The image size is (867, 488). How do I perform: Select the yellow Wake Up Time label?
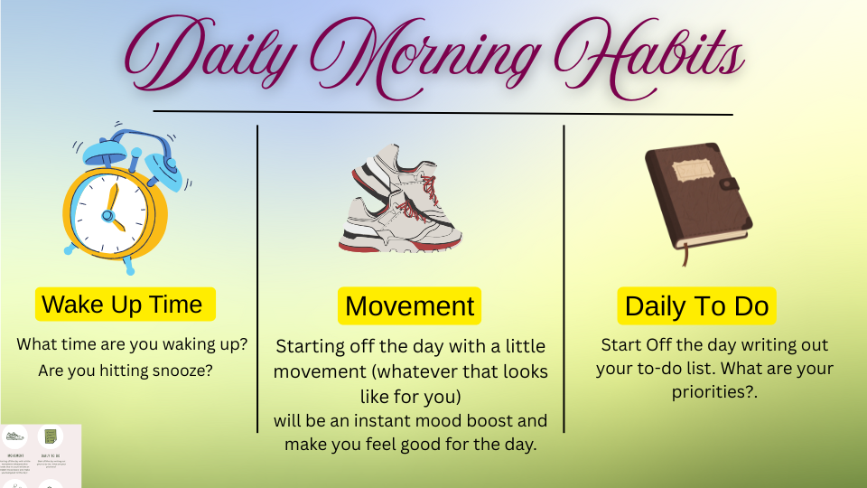pyautogui.click(x=125, y=305)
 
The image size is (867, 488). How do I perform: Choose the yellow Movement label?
pyautogui.click(x=409, y=306)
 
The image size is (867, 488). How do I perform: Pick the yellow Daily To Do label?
pyautogui.click(x=696, y=306)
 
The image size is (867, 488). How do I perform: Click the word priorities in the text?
pyautogui.click(x=713, y=392)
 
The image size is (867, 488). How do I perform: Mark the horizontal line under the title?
pyautogui.click(x=443, y=113)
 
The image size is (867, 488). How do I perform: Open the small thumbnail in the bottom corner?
pyautogui.click(x=41, y=455)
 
